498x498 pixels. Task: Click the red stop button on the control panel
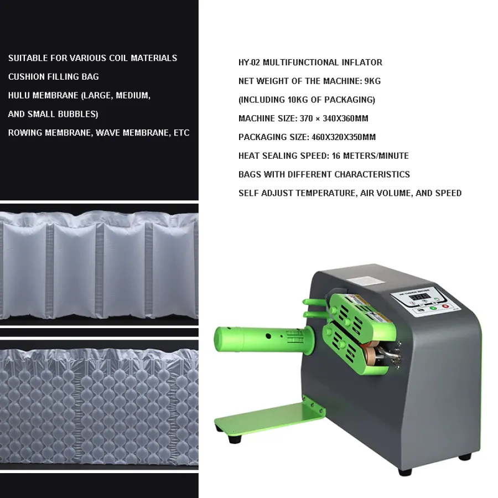[445, 306]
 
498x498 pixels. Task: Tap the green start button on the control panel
[433, 308]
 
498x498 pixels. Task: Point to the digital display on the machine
[419, 297]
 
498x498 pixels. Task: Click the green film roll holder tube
[264, 339]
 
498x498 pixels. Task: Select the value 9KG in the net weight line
[372, 81]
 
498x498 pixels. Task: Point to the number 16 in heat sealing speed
[336, 155]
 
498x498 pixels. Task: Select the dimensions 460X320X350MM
[344, 137]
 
